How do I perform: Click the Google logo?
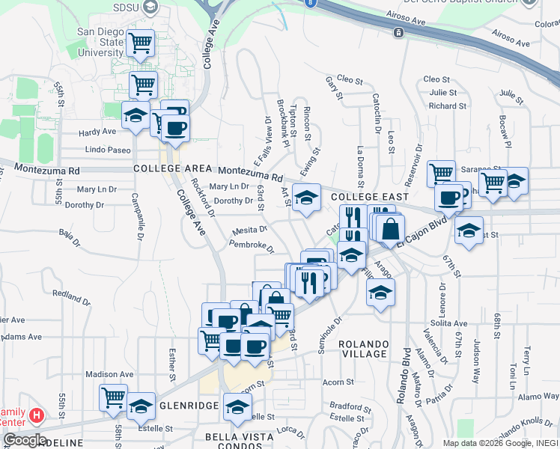[x=24, y=440]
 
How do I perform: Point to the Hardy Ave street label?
[x=98, y=132]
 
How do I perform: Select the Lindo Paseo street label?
[x=108, y=150]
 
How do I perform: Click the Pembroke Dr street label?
[x=252, y=245]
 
